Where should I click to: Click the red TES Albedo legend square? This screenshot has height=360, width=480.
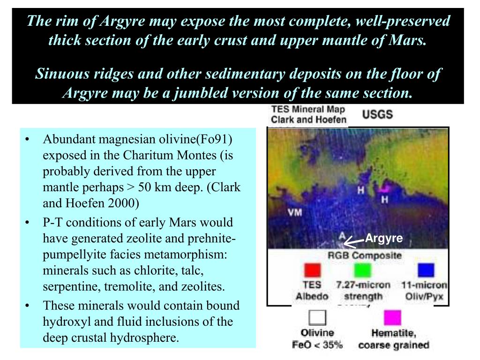pyautogui.click(x=313, y=270)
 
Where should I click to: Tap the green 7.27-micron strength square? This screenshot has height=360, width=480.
pyautogui.click(x=362, y=270)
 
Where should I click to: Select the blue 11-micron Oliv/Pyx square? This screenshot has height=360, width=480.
pyautogui.click(x=426, y=270)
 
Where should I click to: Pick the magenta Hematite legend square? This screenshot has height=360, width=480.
pyautogui.click(x=392, y=318)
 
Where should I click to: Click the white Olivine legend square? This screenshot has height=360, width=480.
pyautogui.click(x=317, y=318)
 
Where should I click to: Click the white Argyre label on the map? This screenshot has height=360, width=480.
pyautogui.click(x=384, y=238)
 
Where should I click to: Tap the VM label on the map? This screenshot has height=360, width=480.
pyautogui.click(x=294, y=212)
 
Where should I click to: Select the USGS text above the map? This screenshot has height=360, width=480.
pyautogui.click(x=377, y=114)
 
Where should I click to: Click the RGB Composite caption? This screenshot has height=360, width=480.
pyautogui.click(x=364, y=255)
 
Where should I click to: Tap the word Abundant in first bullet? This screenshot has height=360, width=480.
pyautogui.click(x=65, y=140)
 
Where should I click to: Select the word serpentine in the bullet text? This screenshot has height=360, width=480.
pyautogui.click(x=67, y=286)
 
